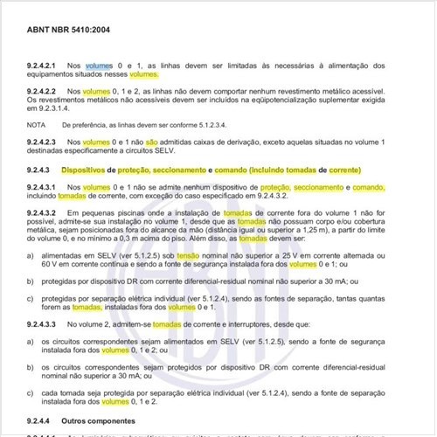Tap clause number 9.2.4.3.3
coord(43,323)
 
